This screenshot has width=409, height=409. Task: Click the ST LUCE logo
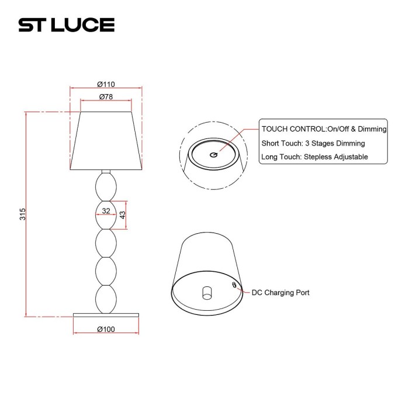(x=66, y=25)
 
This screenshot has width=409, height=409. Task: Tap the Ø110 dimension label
(x=106, y=84)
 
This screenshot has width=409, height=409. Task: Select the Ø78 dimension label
(x=106, y=96)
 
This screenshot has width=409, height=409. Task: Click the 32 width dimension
(x=106, y=211)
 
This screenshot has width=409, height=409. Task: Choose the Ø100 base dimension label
(x=106, y=329)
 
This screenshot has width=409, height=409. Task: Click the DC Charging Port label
(x=280, y=293)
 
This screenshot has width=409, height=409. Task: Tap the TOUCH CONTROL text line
(x=324, y=129)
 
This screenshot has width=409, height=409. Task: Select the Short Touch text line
(x=313, y=143)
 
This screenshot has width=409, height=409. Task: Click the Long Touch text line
(x=314, y=157)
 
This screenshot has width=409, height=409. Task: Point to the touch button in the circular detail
(x=213, y=154)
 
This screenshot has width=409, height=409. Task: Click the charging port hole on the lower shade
(x=234, y=285)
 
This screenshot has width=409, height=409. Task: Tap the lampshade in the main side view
(x=106, y=140)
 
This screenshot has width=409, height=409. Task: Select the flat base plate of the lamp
(x=106, y=316)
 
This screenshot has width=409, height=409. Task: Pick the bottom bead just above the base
(x=106, y=298)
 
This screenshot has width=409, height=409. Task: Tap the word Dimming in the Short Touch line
(x=350, y=143)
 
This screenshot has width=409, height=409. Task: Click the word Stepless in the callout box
(x=317, y=157)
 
